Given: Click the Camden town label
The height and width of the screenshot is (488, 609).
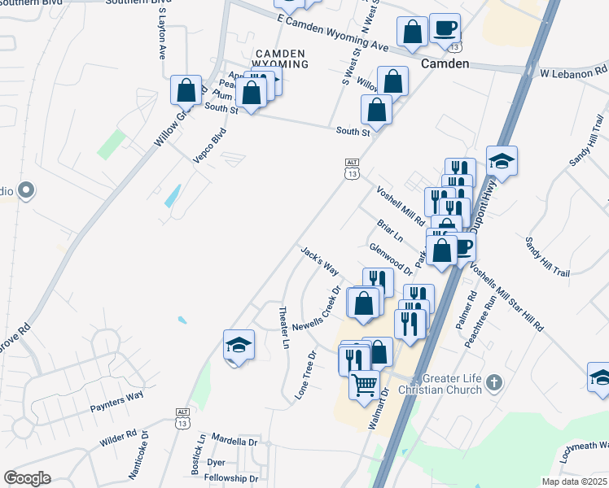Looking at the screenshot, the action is point(444,63).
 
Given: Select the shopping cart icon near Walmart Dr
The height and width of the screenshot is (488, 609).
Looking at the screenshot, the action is point(364,383).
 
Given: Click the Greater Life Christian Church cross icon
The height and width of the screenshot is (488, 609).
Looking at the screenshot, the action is point(493,380).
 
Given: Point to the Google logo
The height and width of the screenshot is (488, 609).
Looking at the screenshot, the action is point(27,478).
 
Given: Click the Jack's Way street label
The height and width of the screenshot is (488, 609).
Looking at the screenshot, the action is point(319,259).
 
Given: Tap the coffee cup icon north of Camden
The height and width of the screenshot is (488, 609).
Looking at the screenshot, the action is point(445,28).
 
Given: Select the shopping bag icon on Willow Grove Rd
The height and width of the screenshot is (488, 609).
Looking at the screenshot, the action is point(186,89).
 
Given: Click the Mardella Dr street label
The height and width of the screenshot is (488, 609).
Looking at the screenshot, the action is point(234,442).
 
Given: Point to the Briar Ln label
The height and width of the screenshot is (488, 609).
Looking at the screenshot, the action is point(390,230).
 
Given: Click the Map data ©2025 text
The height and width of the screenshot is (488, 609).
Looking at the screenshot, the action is point(574,481).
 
